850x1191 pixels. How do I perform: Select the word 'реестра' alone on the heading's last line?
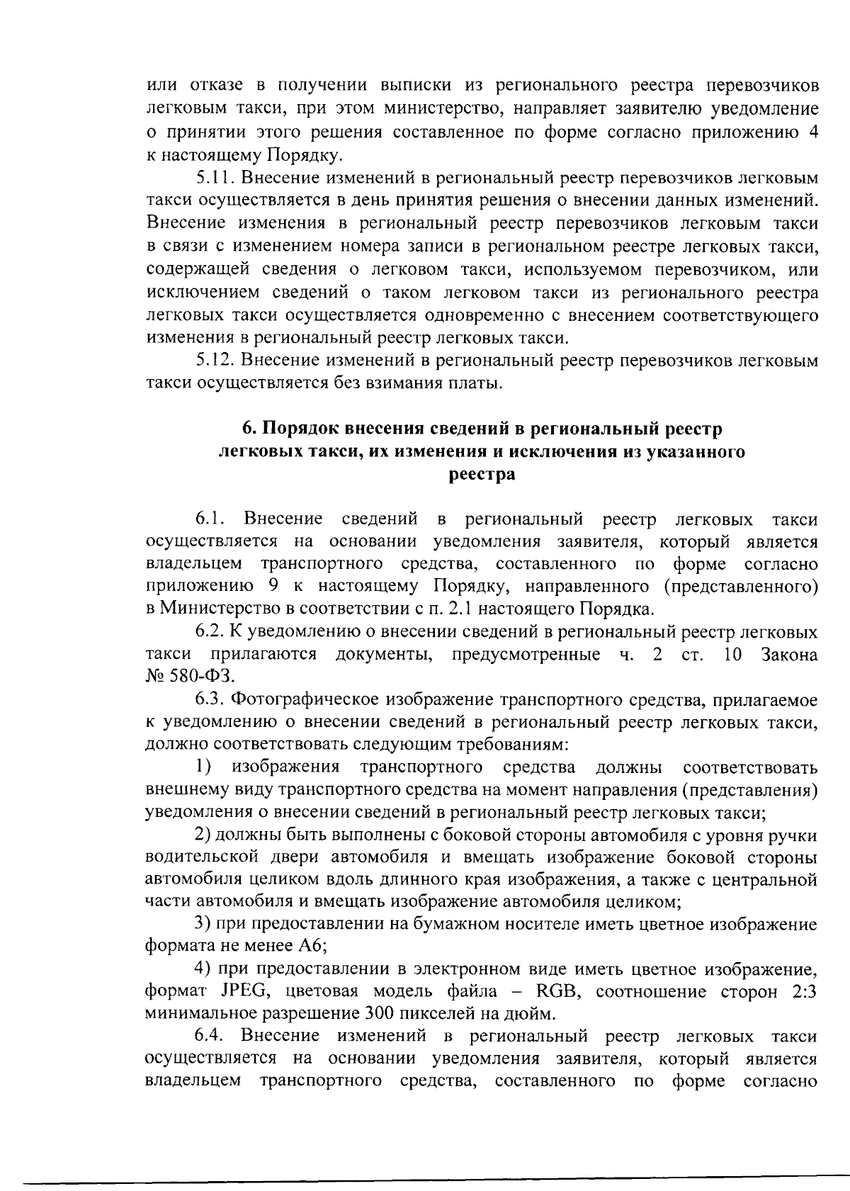click(482, 474)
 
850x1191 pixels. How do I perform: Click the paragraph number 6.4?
click(210, 1036)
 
